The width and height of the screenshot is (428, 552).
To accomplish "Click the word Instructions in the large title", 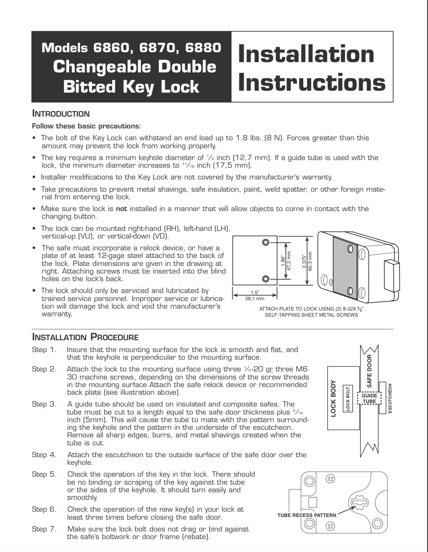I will pyautogui.click(x=312, y=83).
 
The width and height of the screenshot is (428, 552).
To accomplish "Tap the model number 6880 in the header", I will pyautogui.click(x=203, y=48).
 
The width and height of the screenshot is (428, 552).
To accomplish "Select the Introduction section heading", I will pyautogui.click(x=61, y=114).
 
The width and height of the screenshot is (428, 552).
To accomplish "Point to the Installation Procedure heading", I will pyautogui.click(x=85, y=337).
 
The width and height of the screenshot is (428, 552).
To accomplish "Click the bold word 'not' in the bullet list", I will pyautogui.click(x=121, y=209).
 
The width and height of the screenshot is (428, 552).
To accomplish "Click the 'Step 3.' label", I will pyautogui.click(x=44, y=404).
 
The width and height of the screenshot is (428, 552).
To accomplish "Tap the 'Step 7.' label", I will pyautogui.click(x=44, y=529).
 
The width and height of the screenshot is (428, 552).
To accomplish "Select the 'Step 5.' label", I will pyautogui.click(x=44, y=474).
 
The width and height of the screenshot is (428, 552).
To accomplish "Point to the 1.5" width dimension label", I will pyautogui.click(x=254, y=293).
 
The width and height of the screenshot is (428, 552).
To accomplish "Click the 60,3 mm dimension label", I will pyautogui.click(x=310, y=261).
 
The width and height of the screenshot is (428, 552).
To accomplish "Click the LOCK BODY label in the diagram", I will pyautogui.click(x=333, y=398).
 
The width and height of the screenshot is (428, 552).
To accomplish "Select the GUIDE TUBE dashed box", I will pyautogui.click(x=369, y=398).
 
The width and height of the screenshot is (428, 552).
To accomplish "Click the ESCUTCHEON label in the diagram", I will pyautogui.click(x=390, y=398).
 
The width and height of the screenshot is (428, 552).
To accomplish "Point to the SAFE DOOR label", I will pyautogui.click(x=369, y=371).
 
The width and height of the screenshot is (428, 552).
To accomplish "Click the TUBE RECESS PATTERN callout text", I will pyautogui.click(x=307, y=515).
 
